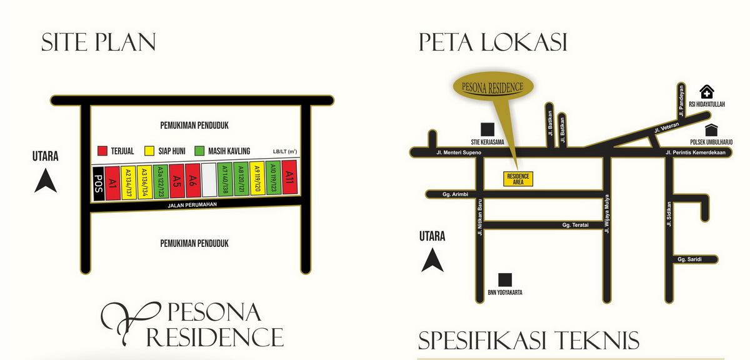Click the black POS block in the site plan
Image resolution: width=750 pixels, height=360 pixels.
pos(97,184)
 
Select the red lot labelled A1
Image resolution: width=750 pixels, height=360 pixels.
pos(112,182)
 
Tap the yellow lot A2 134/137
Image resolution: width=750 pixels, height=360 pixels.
pos(128,182)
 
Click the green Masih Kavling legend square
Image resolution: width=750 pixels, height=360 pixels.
pos(199,151)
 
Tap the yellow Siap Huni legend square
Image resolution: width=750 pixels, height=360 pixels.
pos(149,151)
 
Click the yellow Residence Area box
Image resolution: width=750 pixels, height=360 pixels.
pos(519,179)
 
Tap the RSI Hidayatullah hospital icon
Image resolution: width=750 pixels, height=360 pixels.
pos(706,92)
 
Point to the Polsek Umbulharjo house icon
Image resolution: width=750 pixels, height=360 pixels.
pos(711,129)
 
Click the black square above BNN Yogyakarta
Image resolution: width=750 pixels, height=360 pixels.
pos(505,279)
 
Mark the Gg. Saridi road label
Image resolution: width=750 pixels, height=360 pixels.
pos(689,259)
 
